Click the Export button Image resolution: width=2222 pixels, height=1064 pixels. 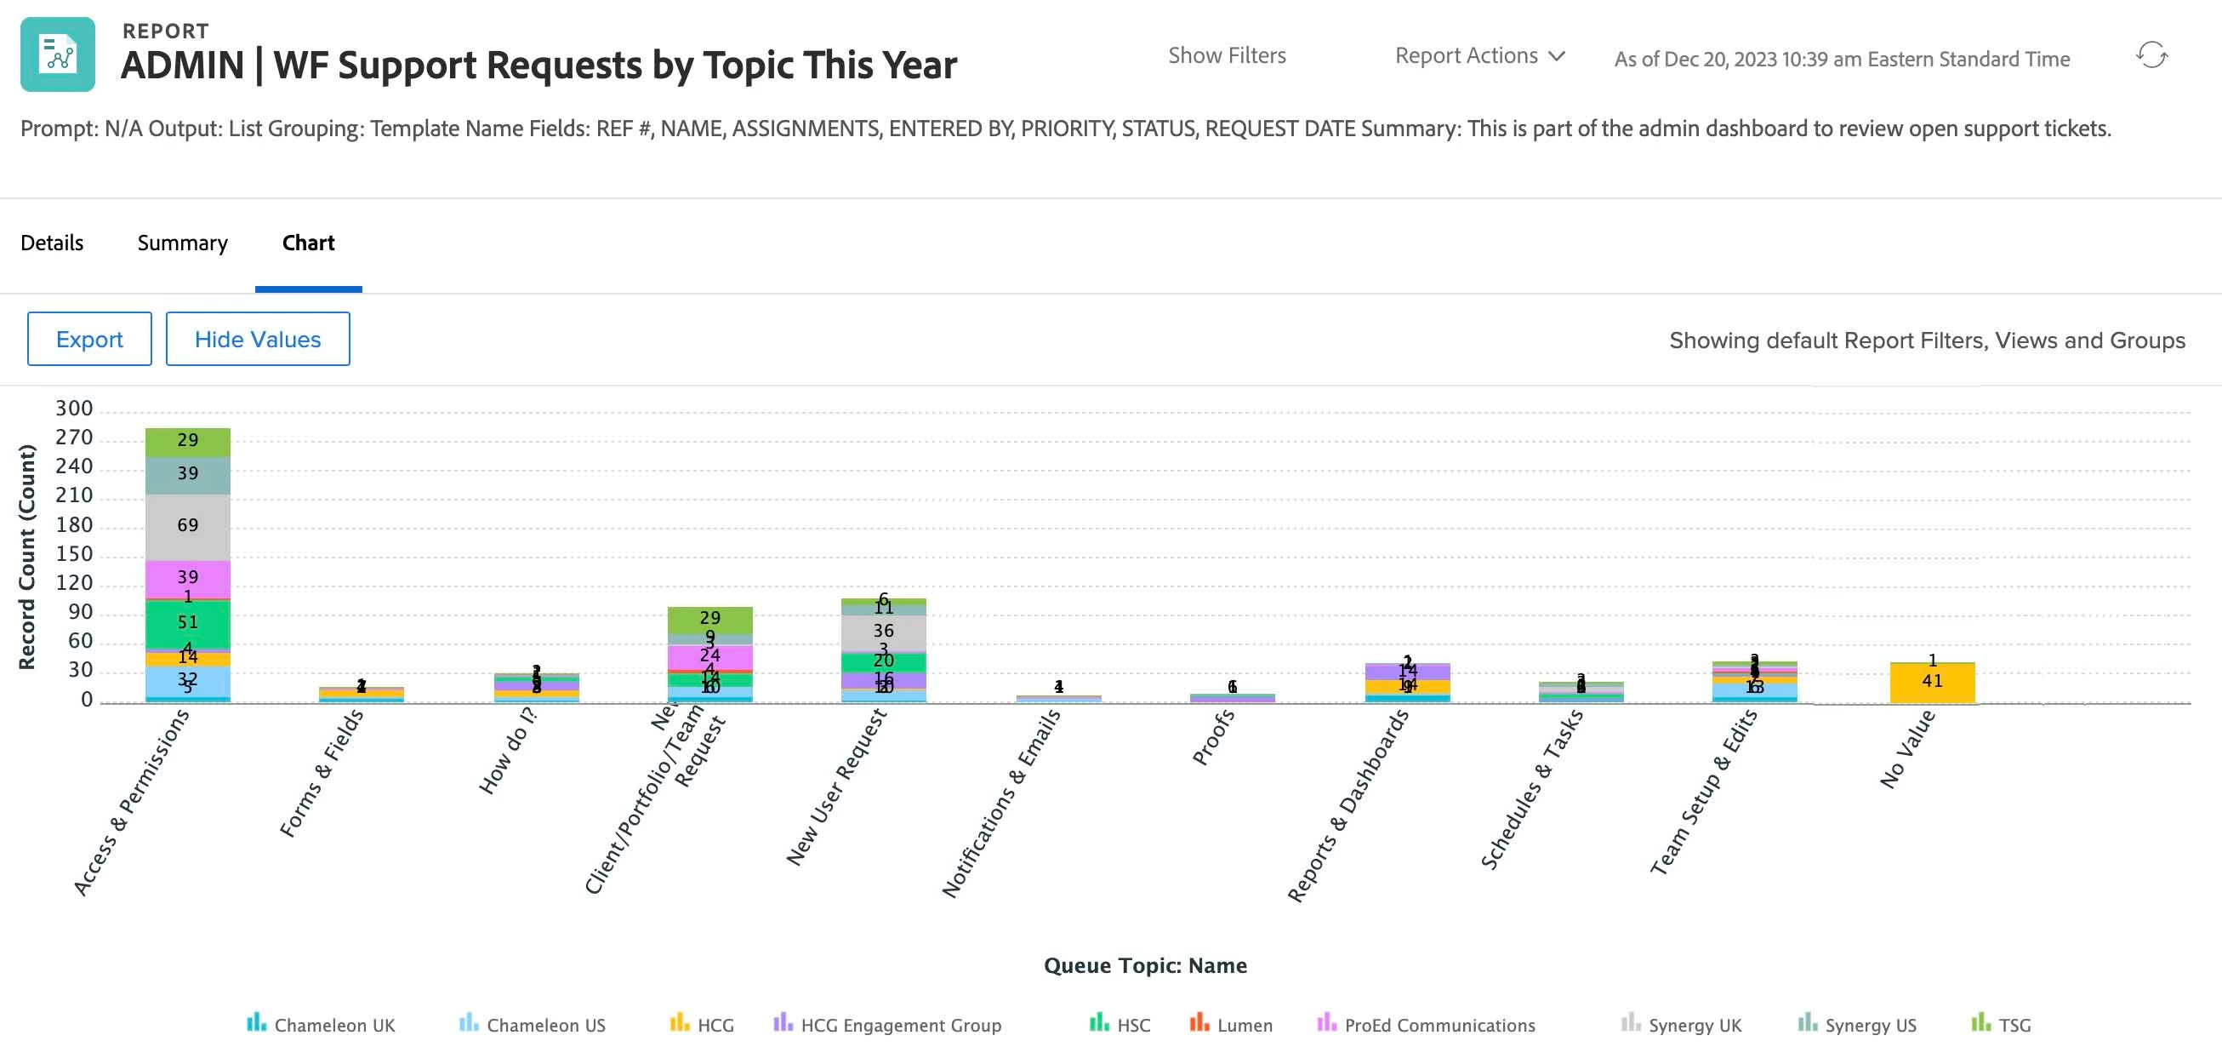(88, 339)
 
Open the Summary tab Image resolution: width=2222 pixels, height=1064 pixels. (182, 243)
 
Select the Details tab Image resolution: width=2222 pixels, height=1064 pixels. (52, 243)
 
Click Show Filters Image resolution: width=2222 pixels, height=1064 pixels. (1226, 56)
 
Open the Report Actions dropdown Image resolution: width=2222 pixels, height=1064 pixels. (1478, 56)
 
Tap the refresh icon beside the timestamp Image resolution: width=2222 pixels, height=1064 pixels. (2151, 56)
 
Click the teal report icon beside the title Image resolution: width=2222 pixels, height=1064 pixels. (58, 54)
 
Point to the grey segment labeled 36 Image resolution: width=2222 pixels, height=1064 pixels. (882, 632)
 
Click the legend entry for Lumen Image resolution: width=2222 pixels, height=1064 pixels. (1231, 1024)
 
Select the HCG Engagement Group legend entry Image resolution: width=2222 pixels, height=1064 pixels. (887, 1024)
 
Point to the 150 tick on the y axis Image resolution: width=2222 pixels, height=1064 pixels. (73, 554)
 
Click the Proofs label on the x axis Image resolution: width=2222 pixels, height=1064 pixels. (1213, 738)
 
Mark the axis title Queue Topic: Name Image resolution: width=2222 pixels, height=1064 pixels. (1145, 964)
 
